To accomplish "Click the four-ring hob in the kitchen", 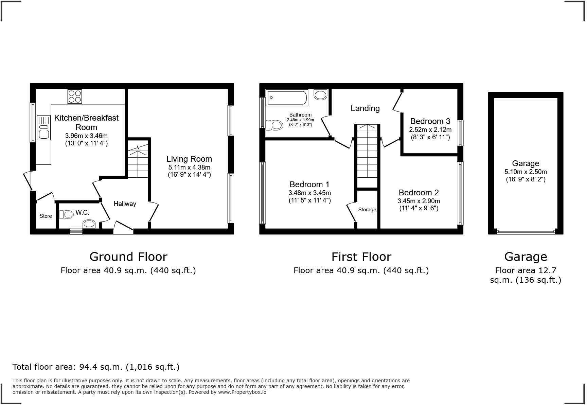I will pos(75,96).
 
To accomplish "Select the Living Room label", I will pos(189,159).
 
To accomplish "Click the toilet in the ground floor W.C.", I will pos(67,214).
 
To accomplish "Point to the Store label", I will pos(46,216).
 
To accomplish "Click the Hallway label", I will pos(125,204).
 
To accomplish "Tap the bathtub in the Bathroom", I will pos(287,98).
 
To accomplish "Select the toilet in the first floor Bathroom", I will pos(274,125).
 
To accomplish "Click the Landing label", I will pos(365,108).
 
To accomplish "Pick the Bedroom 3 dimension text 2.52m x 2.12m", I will pos(430,130).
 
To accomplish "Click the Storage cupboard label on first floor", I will pos(367,210).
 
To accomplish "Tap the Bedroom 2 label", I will pos(419,193).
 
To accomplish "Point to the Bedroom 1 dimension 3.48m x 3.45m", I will pos(309,193).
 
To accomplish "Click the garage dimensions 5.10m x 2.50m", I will pos(526,172).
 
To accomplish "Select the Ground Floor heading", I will pos(128,257).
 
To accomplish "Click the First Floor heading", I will pos(361,257).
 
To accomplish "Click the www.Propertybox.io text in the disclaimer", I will pos(242,392).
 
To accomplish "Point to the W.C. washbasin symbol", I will pos(89,224).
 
